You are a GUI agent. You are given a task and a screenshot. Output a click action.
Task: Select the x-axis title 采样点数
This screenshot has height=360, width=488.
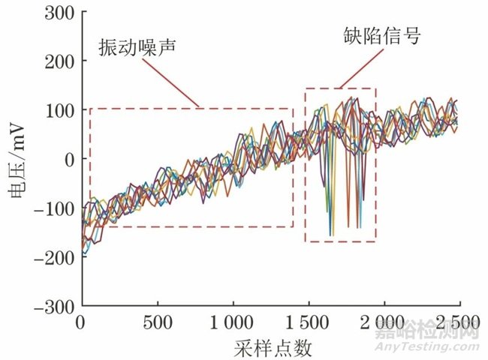tap(272, 348)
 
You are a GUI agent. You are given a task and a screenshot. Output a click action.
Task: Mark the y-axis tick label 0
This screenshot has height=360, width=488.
tap(67, 159)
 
